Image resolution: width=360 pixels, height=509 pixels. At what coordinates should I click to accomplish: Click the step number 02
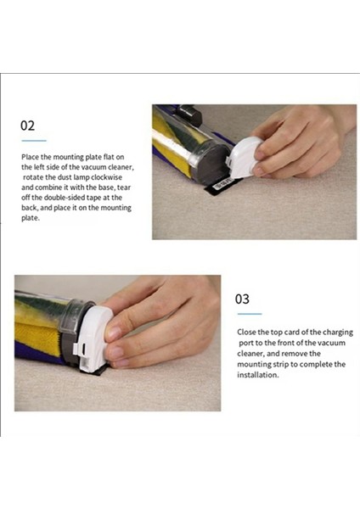[x=27, y=126]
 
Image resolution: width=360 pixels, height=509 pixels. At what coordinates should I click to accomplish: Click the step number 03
[x=242, y=299]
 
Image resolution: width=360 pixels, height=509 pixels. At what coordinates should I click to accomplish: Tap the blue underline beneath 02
[x=34, y=141]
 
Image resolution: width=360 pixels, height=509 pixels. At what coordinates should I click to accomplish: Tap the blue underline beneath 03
[x=250, y=314]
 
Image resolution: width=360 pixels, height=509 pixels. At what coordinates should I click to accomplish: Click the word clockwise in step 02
[x=107, y=177]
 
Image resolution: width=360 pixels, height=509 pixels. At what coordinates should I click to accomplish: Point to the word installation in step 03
[x=257, y=375]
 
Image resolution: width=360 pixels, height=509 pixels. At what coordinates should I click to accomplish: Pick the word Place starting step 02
[x=31, y=157]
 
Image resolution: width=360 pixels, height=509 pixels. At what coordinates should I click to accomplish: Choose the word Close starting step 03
[x=246, y=332]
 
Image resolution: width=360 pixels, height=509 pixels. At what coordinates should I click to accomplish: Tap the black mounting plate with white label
[x=221, y=186]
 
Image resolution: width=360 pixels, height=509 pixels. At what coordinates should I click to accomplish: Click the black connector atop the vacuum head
[x=188, y=115]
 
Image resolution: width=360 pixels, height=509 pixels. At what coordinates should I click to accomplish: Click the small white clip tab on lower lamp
[x=76, y=349]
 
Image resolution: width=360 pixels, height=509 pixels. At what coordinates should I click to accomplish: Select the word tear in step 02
[x=124, y=187]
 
